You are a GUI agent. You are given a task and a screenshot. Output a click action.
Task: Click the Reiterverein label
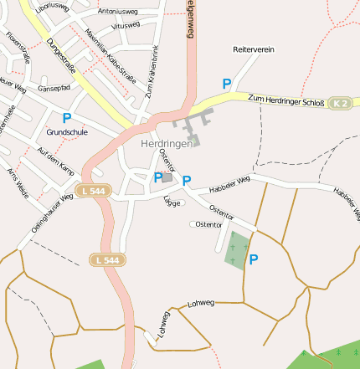[254, 50]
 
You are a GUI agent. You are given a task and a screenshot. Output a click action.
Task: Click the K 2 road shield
[339, 103]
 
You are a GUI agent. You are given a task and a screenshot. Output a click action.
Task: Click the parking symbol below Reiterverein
[226, 84]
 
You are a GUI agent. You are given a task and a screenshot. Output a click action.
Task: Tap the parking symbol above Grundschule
[66, 118]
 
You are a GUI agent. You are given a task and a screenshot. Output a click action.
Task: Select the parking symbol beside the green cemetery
[253, 259]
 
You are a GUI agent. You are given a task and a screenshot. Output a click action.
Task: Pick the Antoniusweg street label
[118, 12]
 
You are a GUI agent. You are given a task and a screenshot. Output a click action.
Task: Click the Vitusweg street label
[125, 26]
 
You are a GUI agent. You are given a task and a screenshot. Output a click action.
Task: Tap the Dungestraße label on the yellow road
[62, 58]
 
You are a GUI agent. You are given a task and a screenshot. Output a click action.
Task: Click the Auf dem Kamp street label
[56, 158]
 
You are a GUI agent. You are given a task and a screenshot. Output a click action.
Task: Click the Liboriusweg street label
[52, 7]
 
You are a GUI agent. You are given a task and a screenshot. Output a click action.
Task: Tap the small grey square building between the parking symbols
[167, 177]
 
